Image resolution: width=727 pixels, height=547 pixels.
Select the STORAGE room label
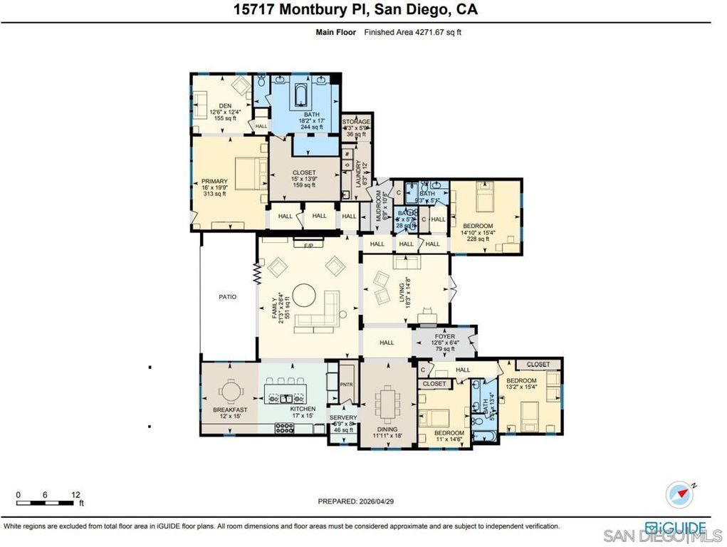(x=356, y=122)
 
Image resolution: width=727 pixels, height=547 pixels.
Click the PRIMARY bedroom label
(x=214, y=181)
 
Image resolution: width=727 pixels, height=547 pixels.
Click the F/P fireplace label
(x=308, y=245)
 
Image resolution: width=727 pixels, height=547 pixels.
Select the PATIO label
(x=227, y=296)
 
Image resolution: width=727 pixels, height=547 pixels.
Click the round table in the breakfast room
(x=231, y=392)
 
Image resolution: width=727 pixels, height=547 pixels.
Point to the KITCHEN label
(x=303, y=409)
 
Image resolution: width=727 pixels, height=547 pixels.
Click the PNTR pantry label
(x=347, y=385)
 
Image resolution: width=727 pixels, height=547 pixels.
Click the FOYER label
(x=444, y=336)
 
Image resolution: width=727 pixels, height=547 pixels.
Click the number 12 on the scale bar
(x=76, y=494)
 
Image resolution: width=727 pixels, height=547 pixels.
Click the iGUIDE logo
(x=676, y=527)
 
